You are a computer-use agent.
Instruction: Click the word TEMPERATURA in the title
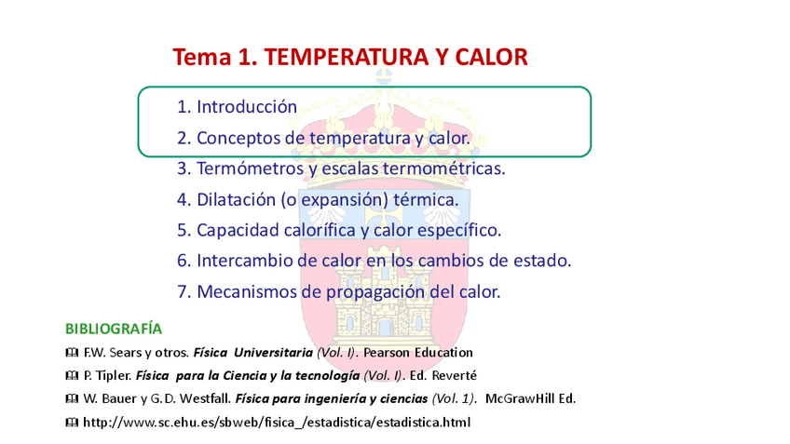point(343,58)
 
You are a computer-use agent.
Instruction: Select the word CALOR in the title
point(492,58)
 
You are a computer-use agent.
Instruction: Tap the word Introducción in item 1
point(247,107)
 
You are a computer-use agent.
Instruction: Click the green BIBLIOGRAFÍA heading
point(114,329)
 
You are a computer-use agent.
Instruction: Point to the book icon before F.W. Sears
point(72,353)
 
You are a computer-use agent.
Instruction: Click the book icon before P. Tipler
point(72,376)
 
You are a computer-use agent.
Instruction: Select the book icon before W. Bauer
point(72,399)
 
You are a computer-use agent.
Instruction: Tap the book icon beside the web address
point(72,423)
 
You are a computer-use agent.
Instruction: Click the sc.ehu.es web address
point(277,423)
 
